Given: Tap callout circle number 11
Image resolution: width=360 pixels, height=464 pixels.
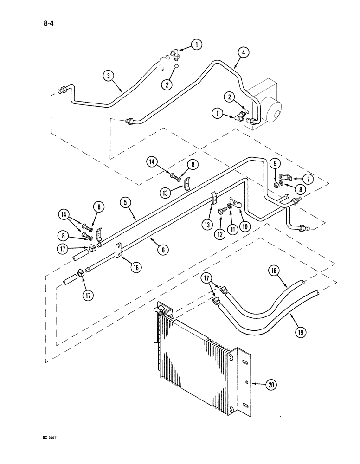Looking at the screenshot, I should pyautogui.click(x=231, y=229).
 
